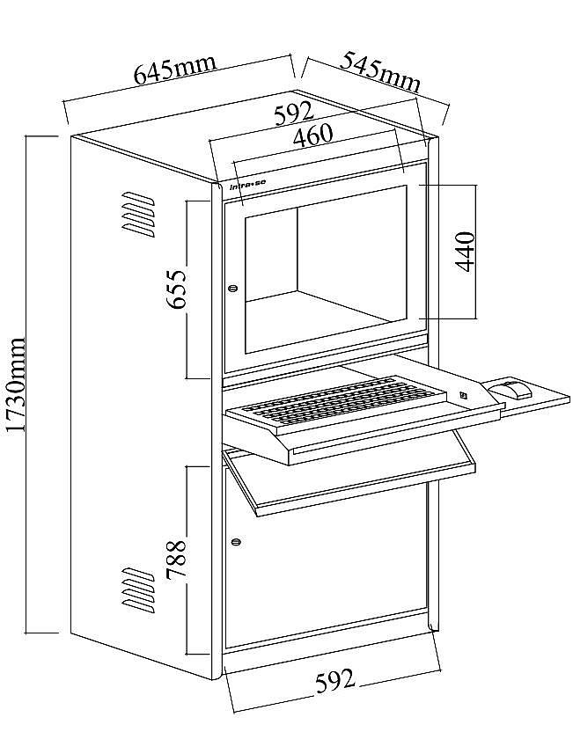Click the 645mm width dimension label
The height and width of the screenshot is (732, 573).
click(x=175, y=70)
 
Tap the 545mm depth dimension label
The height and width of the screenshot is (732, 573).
click(x=379, y=72)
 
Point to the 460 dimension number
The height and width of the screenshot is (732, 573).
click(x=312, y=135)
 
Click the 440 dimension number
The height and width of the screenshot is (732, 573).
click(x=466, y=251)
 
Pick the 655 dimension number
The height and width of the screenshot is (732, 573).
click(x=177, y=289)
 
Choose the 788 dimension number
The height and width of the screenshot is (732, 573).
click(x=177, y=560)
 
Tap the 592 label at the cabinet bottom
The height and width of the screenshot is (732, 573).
click(x=334, y=681)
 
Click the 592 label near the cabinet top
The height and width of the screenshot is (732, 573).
click(x=294, y=113)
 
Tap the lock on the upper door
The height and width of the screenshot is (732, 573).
click(x=233, y=288)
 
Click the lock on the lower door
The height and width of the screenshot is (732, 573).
click(x=236, y=542)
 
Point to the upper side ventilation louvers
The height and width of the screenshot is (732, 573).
click(x=138, y=214)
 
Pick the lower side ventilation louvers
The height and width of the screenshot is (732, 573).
click(x=138, y=589)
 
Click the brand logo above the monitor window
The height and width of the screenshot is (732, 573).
click(x=247, y=186)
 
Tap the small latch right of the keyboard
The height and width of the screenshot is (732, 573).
click(x=464, y=394)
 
